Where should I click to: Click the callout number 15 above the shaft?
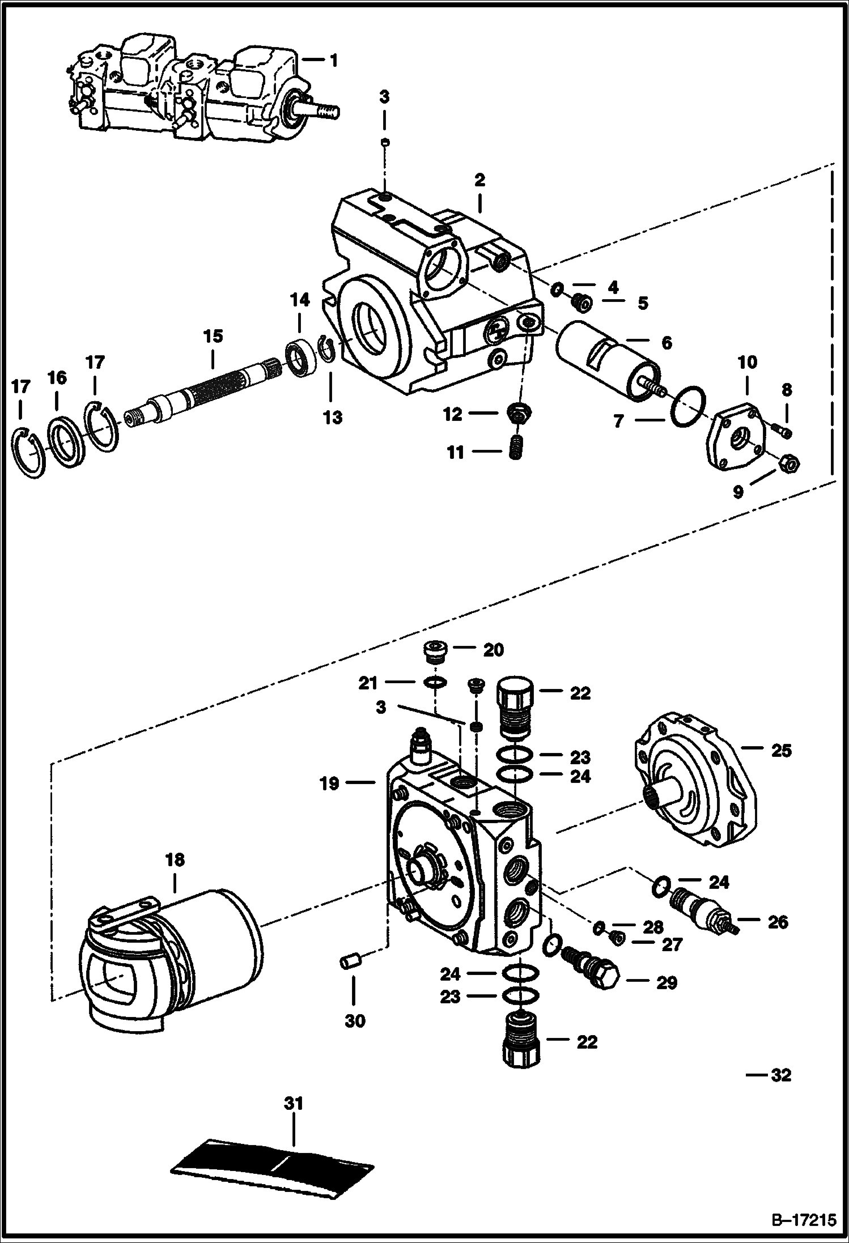[x=213, y=336]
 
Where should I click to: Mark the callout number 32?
[x=781, y=1075]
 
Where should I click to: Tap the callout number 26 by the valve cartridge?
[x=778, y=922]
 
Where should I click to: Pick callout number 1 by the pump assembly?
[x=333, y=60]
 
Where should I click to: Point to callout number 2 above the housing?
[x=479, y=180]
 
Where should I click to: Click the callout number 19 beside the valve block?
[x=329, y=784]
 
